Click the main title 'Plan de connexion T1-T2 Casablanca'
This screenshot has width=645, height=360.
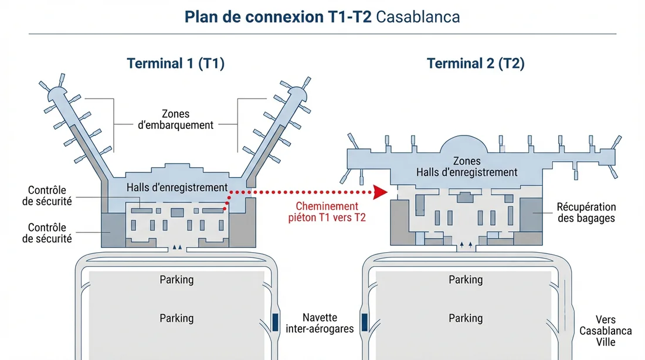point(322,16)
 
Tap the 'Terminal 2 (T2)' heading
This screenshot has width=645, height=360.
point(476,63)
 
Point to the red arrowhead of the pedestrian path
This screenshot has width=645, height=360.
point(381,192)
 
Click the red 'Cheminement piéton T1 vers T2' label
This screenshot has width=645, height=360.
point(327,212)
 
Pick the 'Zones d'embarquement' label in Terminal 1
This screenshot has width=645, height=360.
point(176,119)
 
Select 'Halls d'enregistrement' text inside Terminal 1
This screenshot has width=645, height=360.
point(177,188)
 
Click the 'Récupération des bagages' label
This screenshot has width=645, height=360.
point(586,212)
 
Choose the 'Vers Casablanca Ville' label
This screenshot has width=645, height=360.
point(606,331)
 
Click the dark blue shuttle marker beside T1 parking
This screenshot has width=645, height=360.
point(274,321)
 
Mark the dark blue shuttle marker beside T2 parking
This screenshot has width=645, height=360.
point(364,321)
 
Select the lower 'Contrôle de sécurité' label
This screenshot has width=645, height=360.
point(47,233)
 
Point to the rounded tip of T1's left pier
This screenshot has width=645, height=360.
point(57,93)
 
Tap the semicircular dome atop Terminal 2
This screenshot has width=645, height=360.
point(467,144)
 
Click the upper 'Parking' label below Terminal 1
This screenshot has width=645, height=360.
point(176,280)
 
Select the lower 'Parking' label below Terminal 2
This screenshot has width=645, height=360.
point(466,318)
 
